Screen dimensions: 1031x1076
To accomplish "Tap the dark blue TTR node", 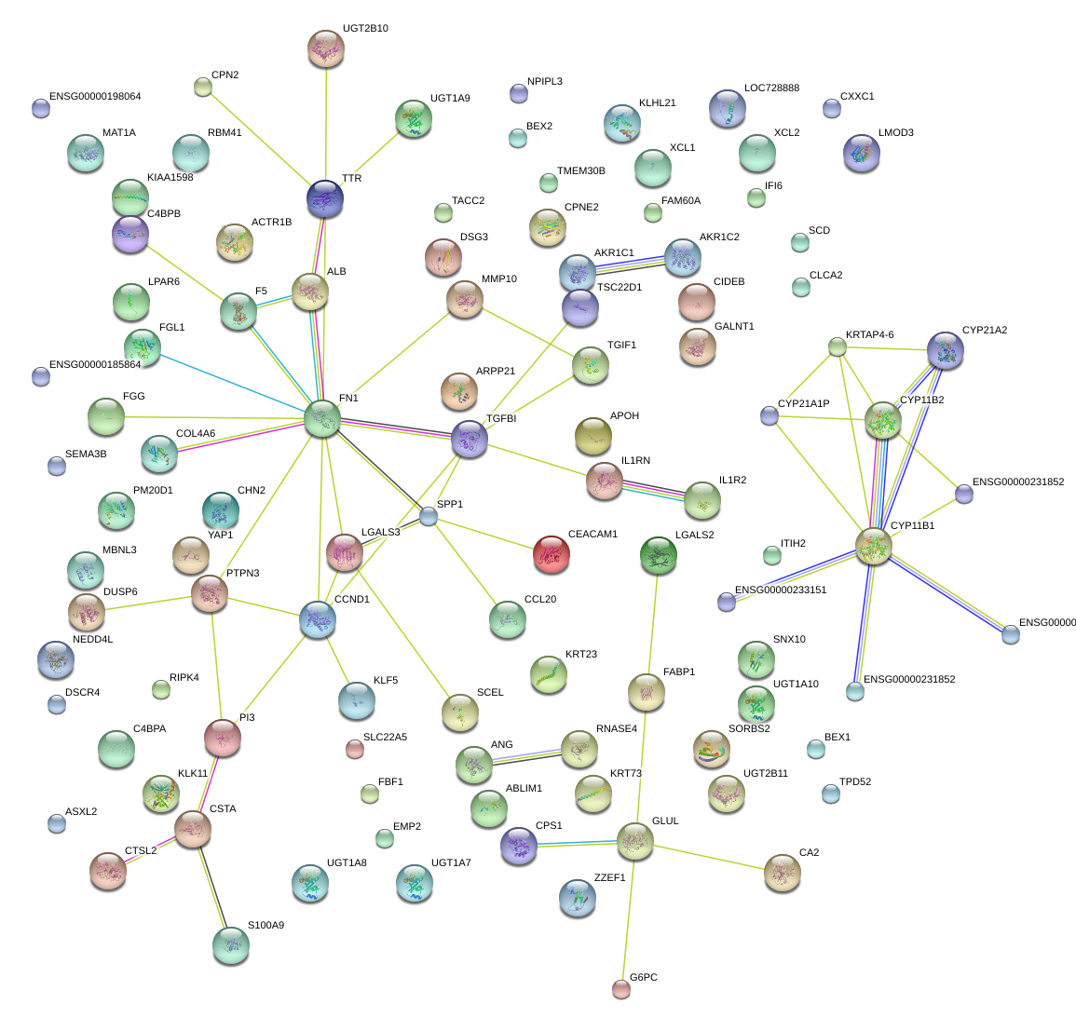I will [x=324, y=197].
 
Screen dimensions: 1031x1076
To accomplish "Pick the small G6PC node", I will [x=621, y=988].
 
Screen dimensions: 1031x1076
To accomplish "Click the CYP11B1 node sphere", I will [x=873, y=546].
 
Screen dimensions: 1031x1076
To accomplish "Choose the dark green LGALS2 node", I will [x=659, y=555].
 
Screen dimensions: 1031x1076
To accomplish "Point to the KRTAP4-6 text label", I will [x=869, y=334].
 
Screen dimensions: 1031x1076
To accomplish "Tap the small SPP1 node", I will [x=428, y=516].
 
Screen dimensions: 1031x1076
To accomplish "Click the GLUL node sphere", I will [x=634, y=840].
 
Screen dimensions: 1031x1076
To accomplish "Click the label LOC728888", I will [x=771, y=88].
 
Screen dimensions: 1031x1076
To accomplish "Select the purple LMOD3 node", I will [x=860, y=154].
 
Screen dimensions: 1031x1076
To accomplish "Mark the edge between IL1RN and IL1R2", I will [x=653, y=490].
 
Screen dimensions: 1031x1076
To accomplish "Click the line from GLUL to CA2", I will [x=708, y=857].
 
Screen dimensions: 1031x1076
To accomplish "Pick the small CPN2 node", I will [x=202, y=88].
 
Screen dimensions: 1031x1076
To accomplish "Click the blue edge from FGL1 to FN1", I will [x=233, y=384].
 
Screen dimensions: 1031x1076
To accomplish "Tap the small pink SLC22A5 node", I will [x=353, y=748].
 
